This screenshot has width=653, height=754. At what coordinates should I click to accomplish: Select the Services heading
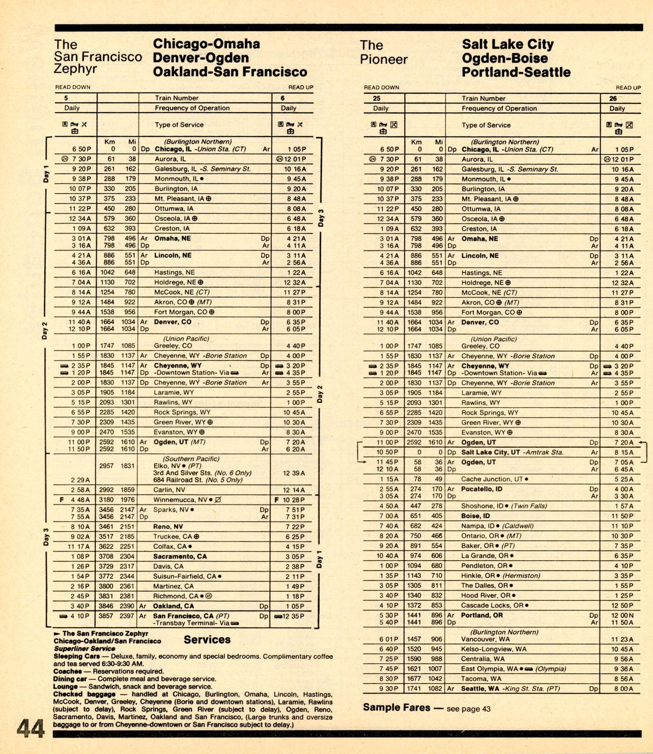tap(207, 640)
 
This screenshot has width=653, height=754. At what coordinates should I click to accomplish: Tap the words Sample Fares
tap(396, 707)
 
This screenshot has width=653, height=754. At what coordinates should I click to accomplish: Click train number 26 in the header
tap(613, 98)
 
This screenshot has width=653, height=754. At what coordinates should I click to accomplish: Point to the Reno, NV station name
tap(168, 527)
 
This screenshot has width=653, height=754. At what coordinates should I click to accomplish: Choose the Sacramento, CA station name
tap(180, 556)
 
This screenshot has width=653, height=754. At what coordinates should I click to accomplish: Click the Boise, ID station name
tap(476, 516)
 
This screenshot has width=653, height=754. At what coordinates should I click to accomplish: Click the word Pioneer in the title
tap(383, 59)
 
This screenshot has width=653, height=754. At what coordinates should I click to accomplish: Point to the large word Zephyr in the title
tap(75, 69)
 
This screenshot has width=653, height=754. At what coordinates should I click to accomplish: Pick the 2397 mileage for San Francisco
tap(127, 616)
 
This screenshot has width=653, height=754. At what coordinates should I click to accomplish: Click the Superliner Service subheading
tap(84, 648)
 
